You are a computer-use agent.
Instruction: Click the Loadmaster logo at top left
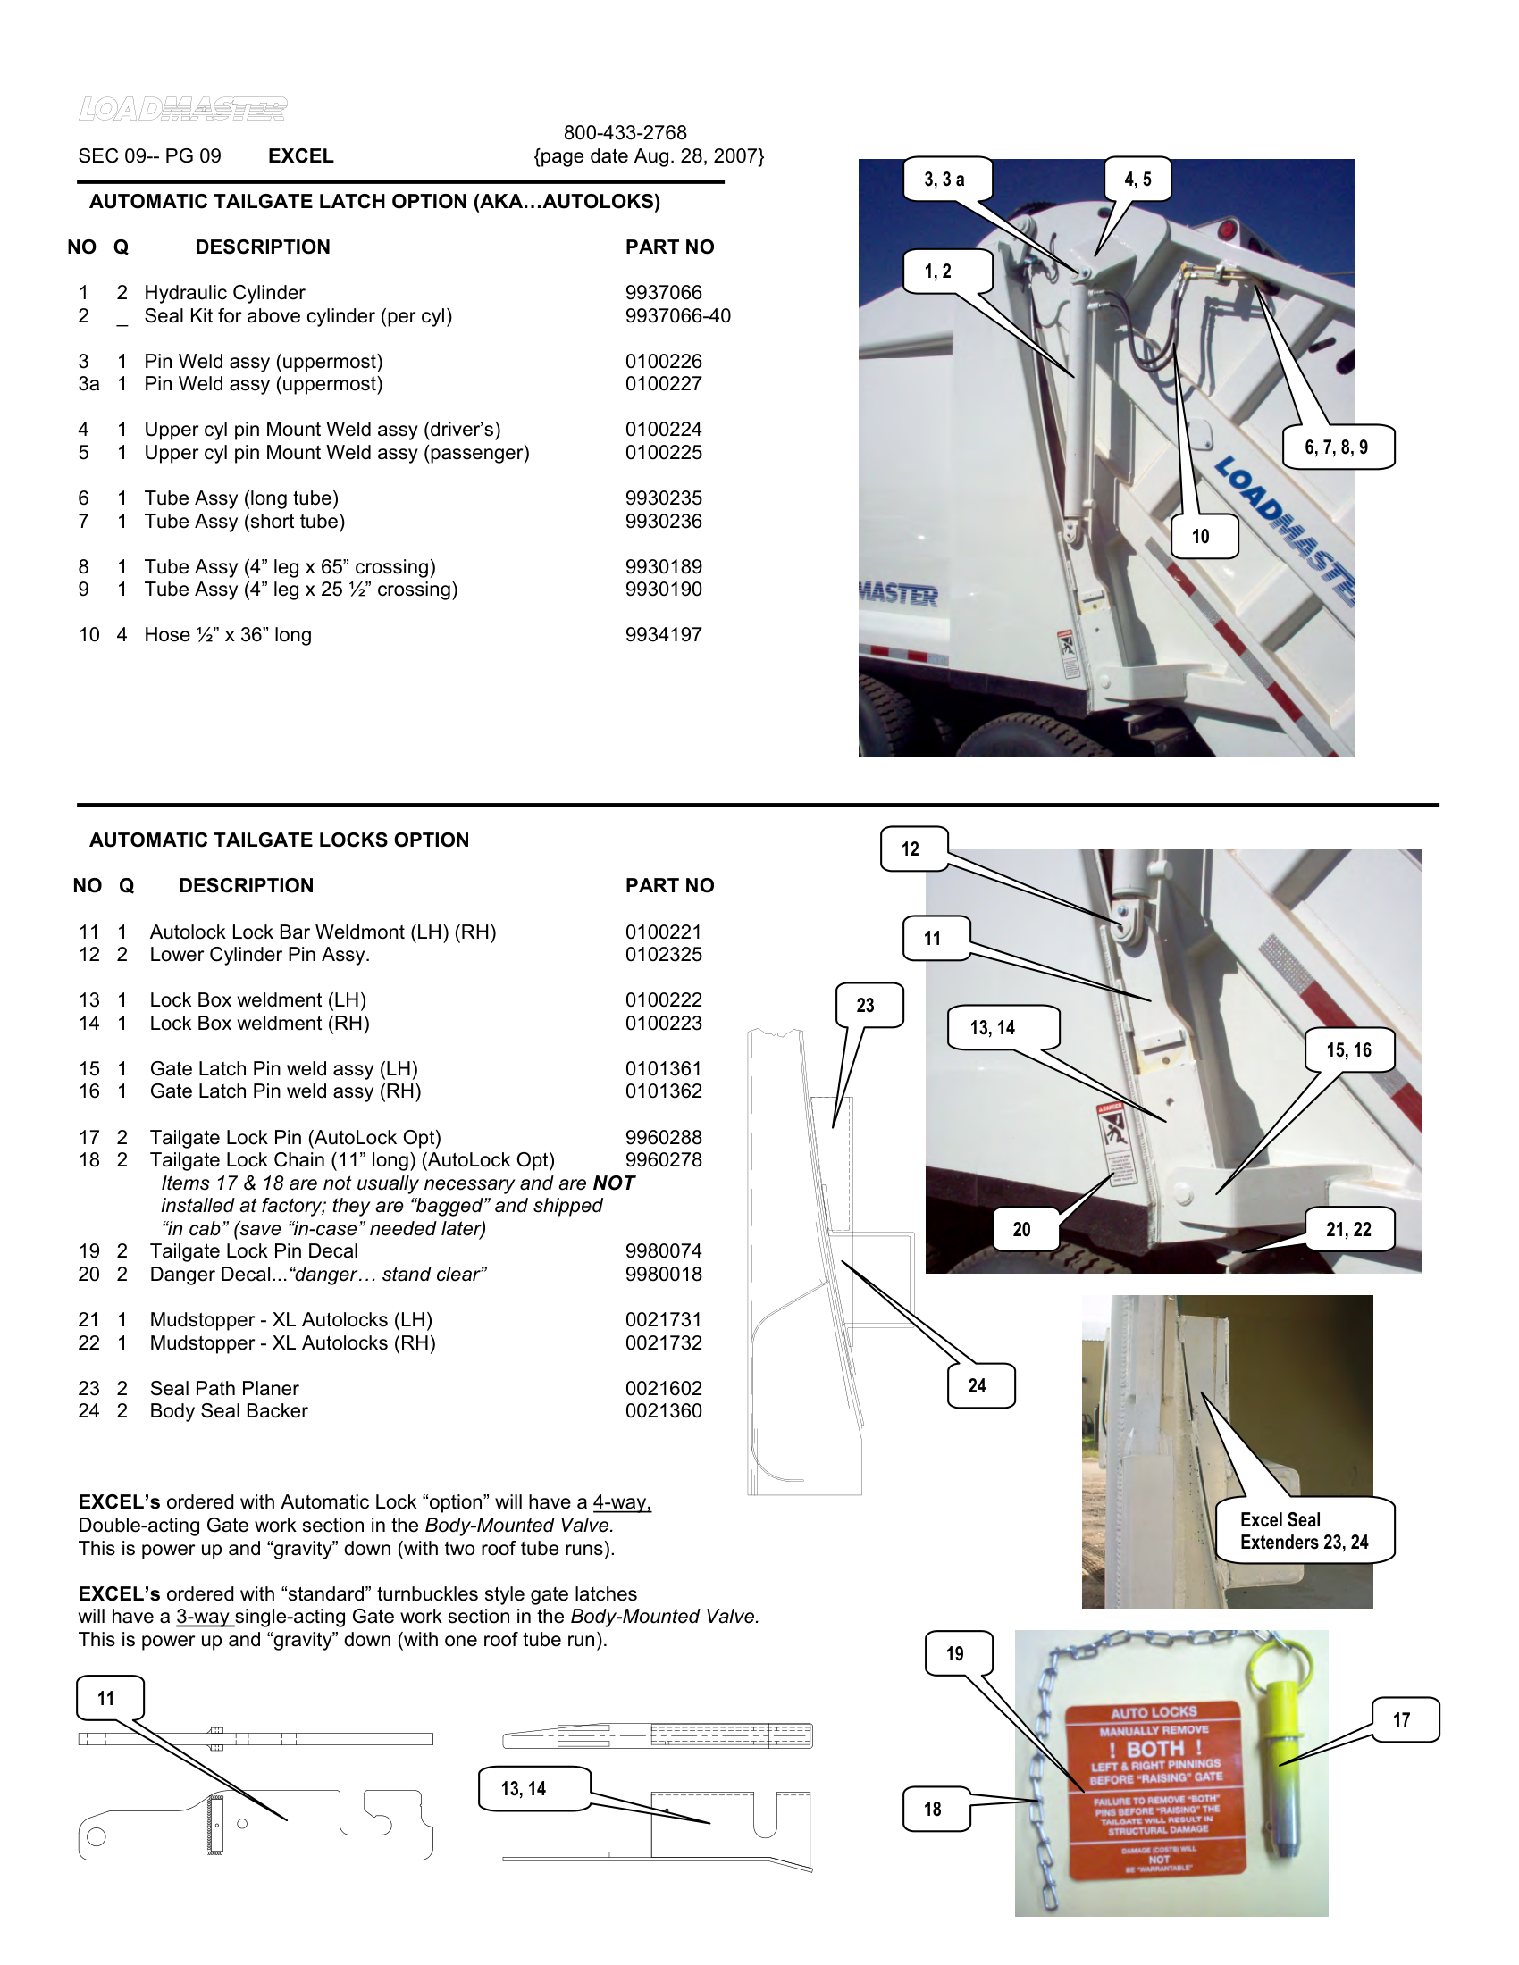(x=182, y=109)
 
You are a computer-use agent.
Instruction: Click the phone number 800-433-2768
(x=625, y=132)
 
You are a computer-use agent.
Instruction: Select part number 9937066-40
(x=677, y=316)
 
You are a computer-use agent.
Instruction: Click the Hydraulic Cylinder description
(x=224, y=292)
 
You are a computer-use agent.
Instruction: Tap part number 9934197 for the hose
(x=663, y=634)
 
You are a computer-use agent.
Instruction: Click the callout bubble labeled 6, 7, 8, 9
(x=1337, y=447)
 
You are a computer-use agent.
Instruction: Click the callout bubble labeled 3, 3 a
(x=944, y=179)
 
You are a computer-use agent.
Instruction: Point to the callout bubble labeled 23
(x=867, y=1005)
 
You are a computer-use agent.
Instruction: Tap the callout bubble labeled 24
(x=979, y=1385)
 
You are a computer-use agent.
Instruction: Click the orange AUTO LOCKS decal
(x=1154, y=1791)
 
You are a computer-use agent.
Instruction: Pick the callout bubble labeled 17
(x=1403, y=1719)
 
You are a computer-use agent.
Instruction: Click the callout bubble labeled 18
(x=934, y=1809)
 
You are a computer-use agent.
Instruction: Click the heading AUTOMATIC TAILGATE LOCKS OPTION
(x=279, y=840)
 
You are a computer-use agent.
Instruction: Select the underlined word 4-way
(x=621, y=1502)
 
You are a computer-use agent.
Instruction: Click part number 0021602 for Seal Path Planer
(x=663, y=1388)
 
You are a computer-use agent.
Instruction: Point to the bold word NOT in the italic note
(x=614, y=1183)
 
